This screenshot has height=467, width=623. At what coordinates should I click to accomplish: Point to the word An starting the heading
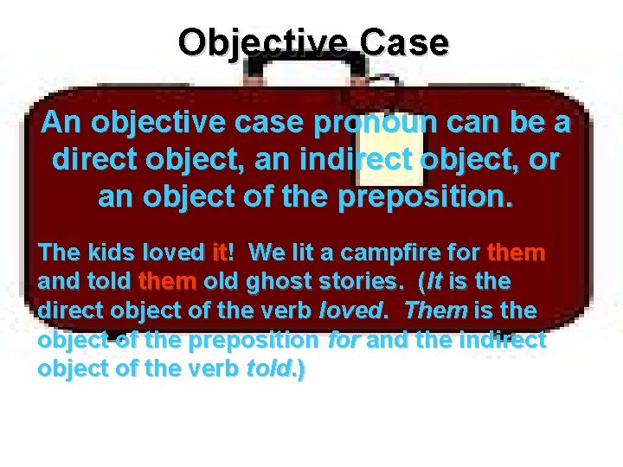pos(61,124)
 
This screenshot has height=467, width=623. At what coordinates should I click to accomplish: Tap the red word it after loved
pos(219,253)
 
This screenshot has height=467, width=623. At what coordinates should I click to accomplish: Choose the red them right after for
pos(517,253)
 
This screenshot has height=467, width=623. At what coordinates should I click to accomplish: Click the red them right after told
pos(167,282)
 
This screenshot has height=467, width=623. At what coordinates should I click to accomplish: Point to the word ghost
pos(282,282)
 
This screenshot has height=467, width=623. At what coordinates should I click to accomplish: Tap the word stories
pos(367,282)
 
